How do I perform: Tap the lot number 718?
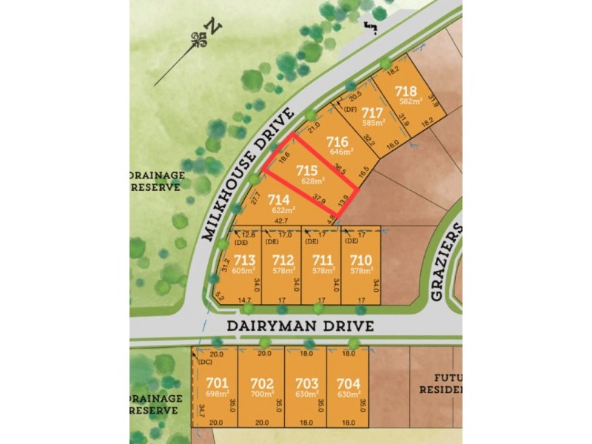coord(406,91)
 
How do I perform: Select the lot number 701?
coord(217,383)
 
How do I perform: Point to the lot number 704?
coord(348,383)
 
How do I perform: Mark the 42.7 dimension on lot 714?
coord(282,221)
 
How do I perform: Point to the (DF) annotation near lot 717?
coord(351,110)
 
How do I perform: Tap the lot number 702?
coord(262,383)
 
